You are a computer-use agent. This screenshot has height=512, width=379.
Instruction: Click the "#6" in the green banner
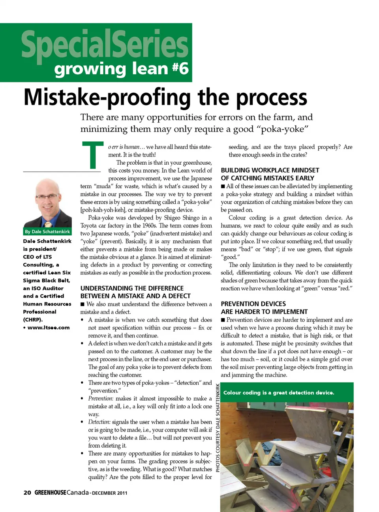click(x=180, y=68)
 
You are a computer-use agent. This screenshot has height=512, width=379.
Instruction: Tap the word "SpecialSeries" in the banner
click(x=105, y=44)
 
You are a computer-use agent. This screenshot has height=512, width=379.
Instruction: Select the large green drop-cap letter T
click(x=93, y=155)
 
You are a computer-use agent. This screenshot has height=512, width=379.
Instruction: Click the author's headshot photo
click(x=48, y=203)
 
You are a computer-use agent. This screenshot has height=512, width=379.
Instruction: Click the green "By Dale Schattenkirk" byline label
click(x=47, y=232)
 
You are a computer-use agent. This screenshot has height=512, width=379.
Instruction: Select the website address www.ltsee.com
click(x=48, y=327)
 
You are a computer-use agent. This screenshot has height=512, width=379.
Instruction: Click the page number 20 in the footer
click(x=27, y=492)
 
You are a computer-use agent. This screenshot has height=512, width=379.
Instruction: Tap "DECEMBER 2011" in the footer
click(x=109, y=493)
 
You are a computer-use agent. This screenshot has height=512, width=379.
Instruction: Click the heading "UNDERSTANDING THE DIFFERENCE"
click(x=132, y=288)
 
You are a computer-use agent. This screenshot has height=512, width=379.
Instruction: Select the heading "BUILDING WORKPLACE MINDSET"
click(x=270, y=170)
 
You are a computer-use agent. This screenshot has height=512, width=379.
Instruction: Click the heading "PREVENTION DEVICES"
click(x=253, y=304)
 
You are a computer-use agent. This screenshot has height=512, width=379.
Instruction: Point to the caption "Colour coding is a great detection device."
click(x=279, y=393)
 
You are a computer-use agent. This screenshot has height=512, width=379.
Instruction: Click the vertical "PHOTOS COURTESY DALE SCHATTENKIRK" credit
click(x=218, y=428)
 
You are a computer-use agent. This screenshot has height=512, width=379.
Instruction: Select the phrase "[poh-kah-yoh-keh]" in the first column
click(x=103, y=210)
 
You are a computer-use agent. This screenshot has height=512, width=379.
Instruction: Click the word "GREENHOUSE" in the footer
click(x=50, y=492)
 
